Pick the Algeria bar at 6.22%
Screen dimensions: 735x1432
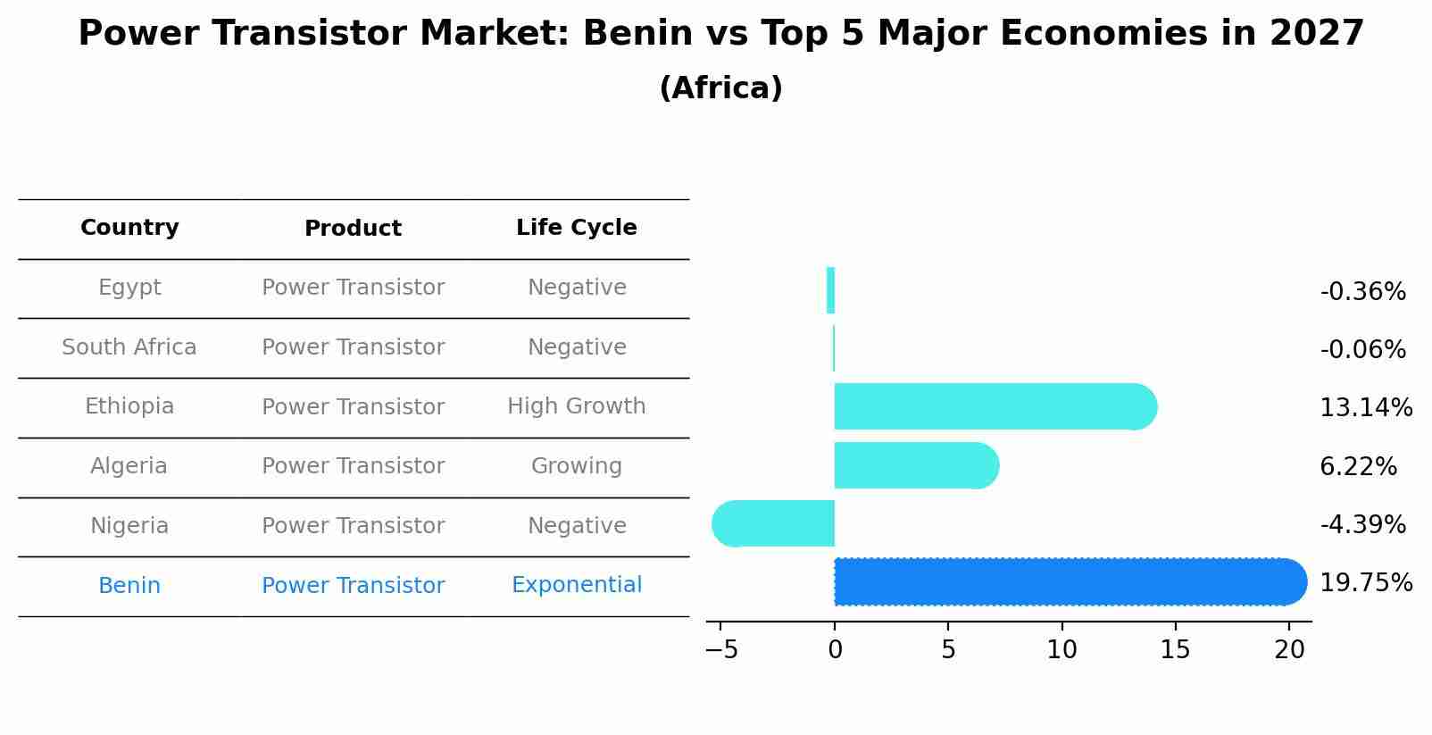point(914,465)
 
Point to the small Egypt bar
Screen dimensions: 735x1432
point(830,290)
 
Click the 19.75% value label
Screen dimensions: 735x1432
point(1365,583)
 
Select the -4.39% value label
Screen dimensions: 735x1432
point(1362,525)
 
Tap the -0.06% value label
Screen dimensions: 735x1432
point(1362,350)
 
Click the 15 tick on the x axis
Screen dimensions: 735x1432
point(1175,650)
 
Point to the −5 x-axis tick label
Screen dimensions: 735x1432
point(721,650)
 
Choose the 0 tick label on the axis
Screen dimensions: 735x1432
point(835,650)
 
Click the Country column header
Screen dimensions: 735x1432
point(129,228)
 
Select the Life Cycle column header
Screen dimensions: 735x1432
point(576,228)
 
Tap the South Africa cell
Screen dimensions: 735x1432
point(129,347)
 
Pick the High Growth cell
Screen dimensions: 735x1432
point(576,406)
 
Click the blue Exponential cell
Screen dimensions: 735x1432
point(576,585)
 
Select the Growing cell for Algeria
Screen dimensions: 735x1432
point(576,466)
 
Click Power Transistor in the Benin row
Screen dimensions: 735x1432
point(353,586)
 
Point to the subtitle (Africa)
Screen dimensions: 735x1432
point(720,88)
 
